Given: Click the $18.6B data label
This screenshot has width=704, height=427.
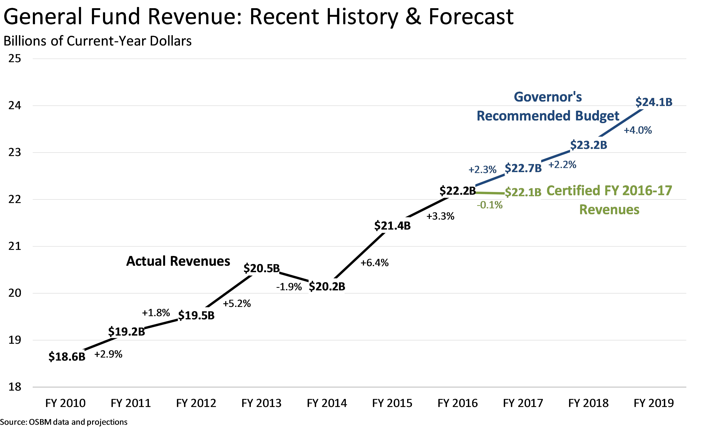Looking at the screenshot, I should pyautogui.click(x=67, y=357).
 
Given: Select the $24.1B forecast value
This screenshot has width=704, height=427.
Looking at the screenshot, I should pyautogui.click(x=654, y=102).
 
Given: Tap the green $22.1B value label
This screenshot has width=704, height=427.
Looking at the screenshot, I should pyautogui.click(x=523, y=192).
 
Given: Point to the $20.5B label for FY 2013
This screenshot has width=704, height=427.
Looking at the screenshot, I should pyautogui.click(x=261, y=268).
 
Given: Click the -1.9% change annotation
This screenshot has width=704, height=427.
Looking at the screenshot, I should pyautogui.click(x=289, y=287).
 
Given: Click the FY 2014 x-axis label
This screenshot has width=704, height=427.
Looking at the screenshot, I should pyautogui.click(x=327, y=403).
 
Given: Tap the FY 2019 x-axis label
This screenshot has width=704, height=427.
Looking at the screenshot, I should pyautogui.click(x=654, y=403).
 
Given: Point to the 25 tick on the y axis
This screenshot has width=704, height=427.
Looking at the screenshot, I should pyautogui.click(x=15, y=59).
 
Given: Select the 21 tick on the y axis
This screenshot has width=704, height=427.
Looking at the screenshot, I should pyautogui.click(x=15, y=246).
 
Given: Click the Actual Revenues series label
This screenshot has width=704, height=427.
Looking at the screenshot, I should pyautogui.click(x=178, y=261).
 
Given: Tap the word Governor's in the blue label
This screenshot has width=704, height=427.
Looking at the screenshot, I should pyautogui.click(x=548, y=97).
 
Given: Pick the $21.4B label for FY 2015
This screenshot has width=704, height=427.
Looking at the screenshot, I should pyautogui.click(x=392, y=226).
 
